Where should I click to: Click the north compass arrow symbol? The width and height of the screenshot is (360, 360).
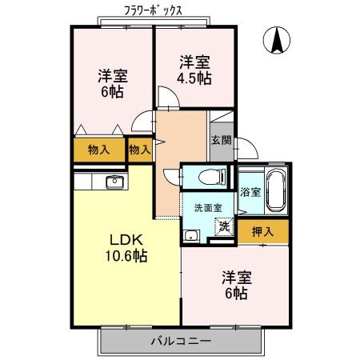click(277, 40)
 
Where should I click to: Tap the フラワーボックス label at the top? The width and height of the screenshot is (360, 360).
click(153, 10)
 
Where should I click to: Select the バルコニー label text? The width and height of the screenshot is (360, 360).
click(182, 341)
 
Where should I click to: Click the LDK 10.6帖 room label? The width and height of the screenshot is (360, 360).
click(126, 248)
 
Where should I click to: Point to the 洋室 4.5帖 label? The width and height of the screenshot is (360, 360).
click(194, 70)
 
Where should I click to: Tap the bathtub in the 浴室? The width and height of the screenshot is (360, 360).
click(277, 190)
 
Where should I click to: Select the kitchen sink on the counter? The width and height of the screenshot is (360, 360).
click(114, 182)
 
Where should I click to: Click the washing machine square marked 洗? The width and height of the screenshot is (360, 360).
click(225, 226)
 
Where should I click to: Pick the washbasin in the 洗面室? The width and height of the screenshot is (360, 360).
click(191, 235)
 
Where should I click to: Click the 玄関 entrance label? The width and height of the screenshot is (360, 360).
click(221, 140)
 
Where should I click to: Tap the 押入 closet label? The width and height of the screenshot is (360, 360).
click(262, 231)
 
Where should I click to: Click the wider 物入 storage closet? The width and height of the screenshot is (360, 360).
click(99, 150)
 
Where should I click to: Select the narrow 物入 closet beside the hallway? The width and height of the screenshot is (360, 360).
click(140, 150)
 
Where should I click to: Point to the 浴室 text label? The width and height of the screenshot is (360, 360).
click(250, 192)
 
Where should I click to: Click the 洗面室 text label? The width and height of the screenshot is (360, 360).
click(208, 208)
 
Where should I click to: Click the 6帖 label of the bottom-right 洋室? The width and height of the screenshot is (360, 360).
click(236, 294)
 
